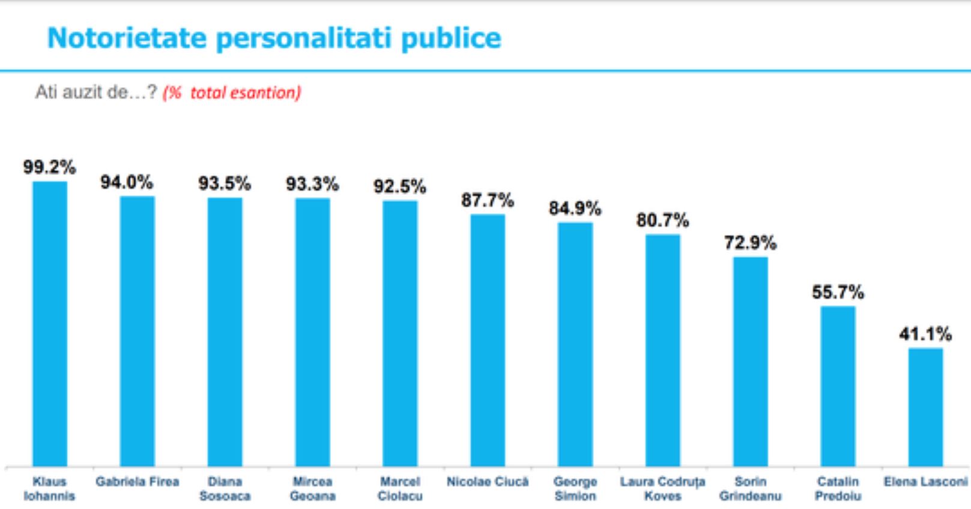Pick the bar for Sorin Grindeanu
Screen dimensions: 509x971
[x=750, y=361]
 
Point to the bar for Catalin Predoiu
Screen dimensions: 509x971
[x=838, y=386]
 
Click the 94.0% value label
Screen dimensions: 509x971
[x=127, y=182]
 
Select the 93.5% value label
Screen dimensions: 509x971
[x=225, y=183]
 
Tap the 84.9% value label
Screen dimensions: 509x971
[x=575, y=209]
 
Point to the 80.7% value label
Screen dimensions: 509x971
[x=662, y=221]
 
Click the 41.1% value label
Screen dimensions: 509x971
[x=925, y=334]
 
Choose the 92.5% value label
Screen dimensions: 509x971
[x=399, y=186]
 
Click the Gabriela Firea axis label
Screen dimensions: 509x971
[x=138, y=482]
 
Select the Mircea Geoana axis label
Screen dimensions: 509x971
[x=312, y=489]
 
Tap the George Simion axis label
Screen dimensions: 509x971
[x=575, y=489]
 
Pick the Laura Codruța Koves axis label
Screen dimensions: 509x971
[x=662, y=489]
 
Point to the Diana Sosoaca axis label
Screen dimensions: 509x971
[x=225, y=489]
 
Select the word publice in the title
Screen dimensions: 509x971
[x=450, y=38]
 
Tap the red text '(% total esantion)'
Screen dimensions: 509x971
[x=232, y=93]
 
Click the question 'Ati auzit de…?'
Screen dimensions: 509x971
[x=96, y=93]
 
